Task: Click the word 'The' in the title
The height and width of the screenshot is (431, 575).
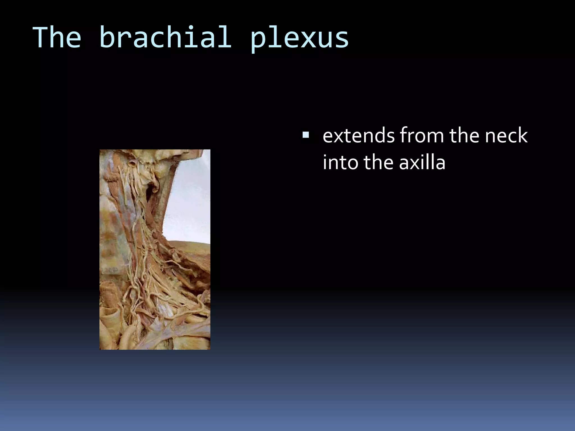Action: point(57,37)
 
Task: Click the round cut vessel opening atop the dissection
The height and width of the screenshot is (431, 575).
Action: point(132,163)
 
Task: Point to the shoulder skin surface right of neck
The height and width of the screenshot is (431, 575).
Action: point(194,247)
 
